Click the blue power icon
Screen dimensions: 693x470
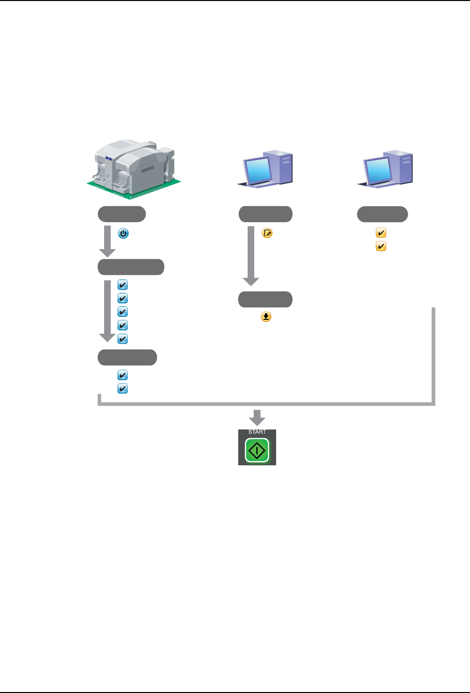click(123, 233)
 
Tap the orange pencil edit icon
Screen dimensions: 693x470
click(267, 233)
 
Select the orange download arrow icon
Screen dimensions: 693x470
click(266, 317)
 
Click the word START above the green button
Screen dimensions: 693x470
click(257, 432)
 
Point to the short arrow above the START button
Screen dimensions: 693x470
click(257, 417)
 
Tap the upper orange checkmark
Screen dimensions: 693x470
click(381, 233)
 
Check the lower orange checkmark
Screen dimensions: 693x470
click(381, 246)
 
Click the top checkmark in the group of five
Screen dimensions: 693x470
click(123, 285)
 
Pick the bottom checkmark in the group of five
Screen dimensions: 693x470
click(123, 339)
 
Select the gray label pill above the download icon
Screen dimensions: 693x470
click(265, 299)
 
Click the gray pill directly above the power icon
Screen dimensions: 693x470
click(122, 214)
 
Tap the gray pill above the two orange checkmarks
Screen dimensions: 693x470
click(382, 214)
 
